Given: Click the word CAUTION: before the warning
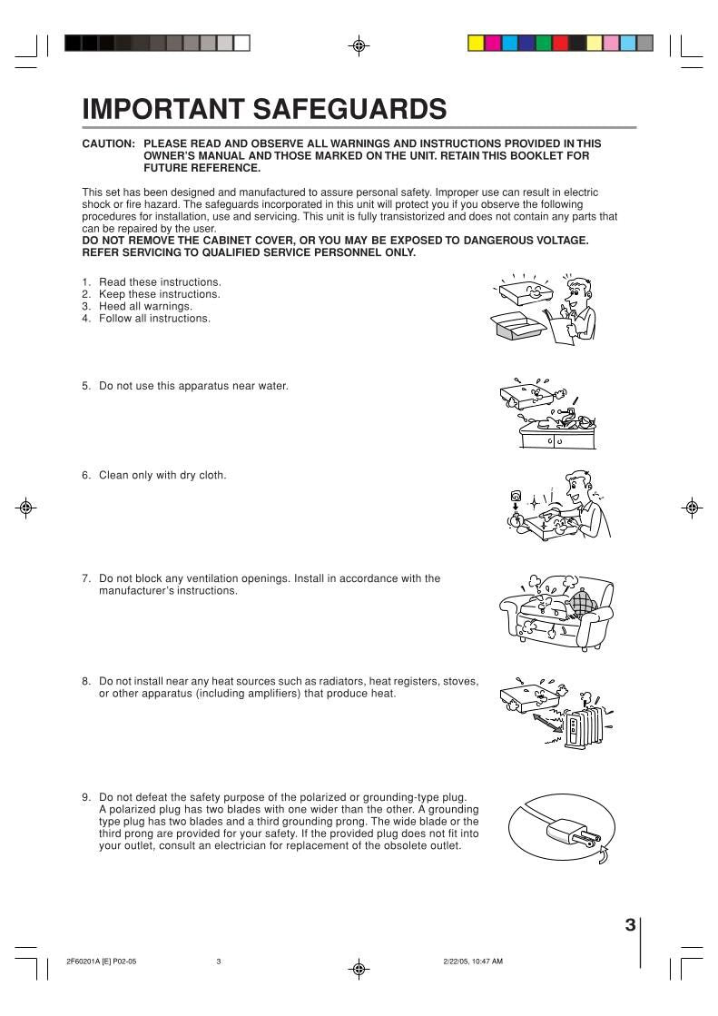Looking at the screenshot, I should pos(109,143).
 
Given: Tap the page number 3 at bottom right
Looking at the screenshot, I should pos(630,925).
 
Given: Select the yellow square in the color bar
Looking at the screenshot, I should pos(476,43).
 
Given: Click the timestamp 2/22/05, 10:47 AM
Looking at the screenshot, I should pos(471,962).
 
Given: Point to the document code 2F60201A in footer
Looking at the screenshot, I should pos(83,962).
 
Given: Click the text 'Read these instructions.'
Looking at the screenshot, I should pos(160,282).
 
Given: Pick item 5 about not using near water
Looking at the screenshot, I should pos(185,386).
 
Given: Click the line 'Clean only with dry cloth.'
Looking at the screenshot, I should pos(162,475).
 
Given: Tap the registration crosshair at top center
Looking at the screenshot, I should pos(359,44).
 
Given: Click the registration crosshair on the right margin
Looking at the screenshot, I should pos(692,507).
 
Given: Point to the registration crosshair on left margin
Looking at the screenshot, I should pos(26,507).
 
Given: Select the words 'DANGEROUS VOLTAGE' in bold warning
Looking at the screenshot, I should pos(522,240).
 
